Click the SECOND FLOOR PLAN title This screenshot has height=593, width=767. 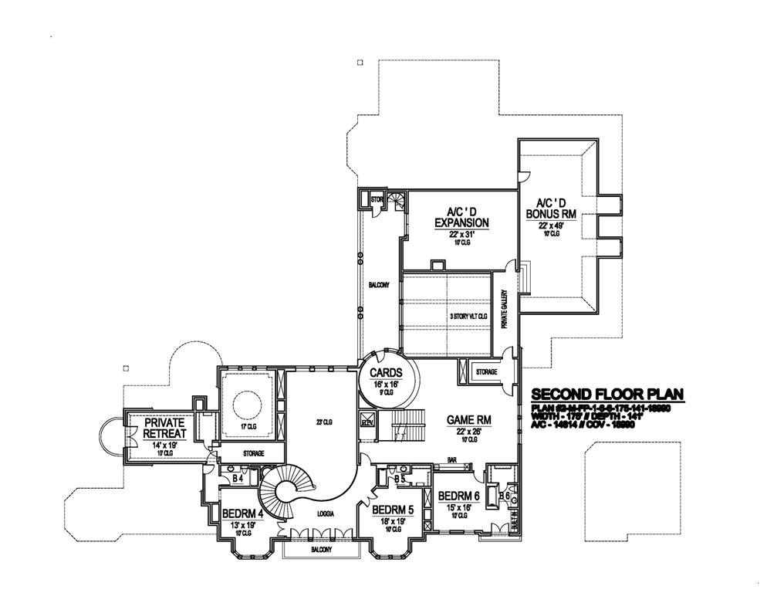[x=607, y=396]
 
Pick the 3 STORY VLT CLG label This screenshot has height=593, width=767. [x=470, y=317]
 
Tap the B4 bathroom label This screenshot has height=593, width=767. [x=238, y=479]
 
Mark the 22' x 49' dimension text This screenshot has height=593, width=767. [x=552, y=225]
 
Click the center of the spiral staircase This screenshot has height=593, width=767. [x=288, y=489]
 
